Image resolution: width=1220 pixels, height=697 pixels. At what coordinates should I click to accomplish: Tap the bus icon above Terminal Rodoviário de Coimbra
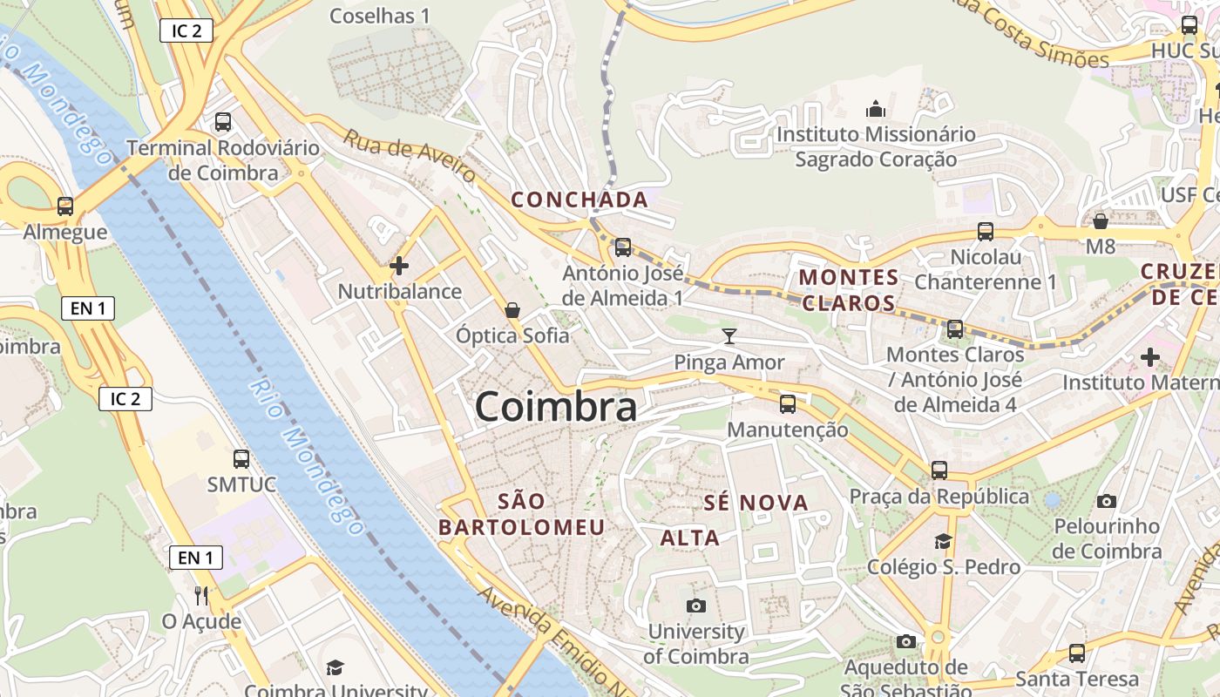[223, 122]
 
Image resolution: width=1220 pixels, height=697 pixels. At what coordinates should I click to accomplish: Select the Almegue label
[65, 232]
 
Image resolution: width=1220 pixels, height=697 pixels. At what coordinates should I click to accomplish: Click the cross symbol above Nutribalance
[399, 266]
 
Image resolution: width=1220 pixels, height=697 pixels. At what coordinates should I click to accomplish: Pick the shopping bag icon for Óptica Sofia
[512, 310]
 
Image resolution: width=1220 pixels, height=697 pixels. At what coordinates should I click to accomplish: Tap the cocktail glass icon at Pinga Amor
[729, 336]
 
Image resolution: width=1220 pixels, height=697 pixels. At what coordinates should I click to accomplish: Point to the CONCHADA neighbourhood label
[579, 200]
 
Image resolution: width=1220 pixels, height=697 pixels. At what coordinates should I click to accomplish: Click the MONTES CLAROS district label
[849, 290]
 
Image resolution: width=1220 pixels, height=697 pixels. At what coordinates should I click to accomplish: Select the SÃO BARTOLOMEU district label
[521, 514]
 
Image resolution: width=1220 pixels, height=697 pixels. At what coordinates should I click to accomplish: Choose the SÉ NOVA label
[756, 503]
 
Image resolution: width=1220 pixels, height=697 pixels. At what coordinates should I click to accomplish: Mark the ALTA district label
[690, 538]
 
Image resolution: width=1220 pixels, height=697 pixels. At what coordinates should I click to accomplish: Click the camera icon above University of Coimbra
[695, 606]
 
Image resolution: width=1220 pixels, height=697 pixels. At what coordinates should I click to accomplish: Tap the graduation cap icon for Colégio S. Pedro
[943, 541]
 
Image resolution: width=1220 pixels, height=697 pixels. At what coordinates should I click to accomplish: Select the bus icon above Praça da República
[939, 470]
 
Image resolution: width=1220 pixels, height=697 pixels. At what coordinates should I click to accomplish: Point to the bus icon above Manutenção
[788, 403]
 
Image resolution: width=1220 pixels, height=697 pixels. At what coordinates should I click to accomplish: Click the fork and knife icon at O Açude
[201, 595]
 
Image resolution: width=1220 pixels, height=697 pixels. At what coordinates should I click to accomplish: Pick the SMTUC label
[241, 484]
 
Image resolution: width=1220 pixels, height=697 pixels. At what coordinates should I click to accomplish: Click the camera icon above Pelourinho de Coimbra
[1107, 501]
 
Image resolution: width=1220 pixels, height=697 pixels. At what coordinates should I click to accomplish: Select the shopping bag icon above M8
[1101, 221]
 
